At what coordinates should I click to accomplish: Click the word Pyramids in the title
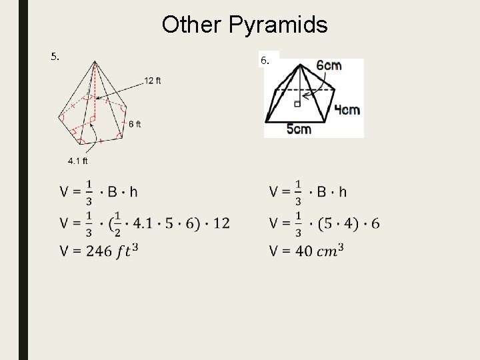click(281, 25)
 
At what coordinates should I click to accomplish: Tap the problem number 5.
click(55, 56)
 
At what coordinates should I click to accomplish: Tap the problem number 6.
click(265, 60)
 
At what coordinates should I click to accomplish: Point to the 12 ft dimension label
click(153, 81)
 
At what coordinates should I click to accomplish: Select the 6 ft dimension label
click(135, 123)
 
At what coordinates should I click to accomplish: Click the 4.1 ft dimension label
click(77, 160)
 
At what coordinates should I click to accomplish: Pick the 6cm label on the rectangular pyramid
click(329, 65)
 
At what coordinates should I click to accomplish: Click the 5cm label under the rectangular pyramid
click(299, 129)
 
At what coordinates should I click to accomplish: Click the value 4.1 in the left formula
click(142, 223)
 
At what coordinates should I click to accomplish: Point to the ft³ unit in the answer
click(127, 251)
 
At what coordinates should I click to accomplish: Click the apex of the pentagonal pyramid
click(95, 62)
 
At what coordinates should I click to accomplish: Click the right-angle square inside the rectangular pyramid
click(295, 103)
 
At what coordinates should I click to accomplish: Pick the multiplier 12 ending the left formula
click(221, 223)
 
